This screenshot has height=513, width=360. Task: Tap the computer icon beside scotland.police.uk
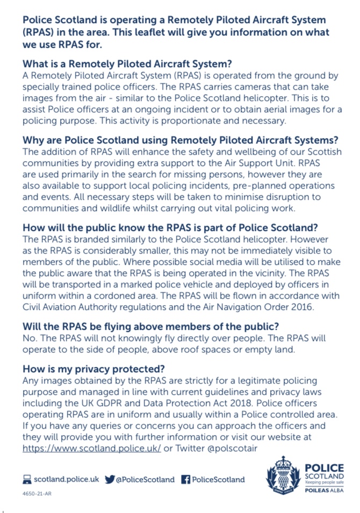pyautogui.click(x=27, y=479)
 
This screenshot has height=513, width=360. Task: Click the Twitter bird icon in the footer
pyautogui.click(x=110, y=479)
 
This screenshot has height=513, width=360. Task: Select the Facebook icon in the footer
pyautogui.click(x=185, y=479)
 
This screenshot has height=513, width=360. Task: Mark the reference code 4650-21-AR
pyautogui.click(x=37, y=493)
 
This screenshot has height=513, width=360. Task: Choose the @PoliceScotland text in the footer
pyautogui.click(x=145, y=479)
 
